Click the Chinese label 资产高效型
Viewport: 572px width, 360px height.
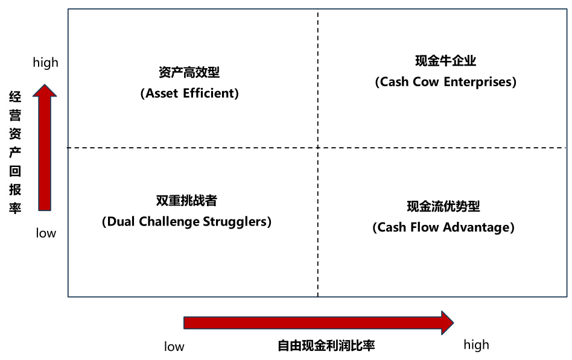(x=189, y=73)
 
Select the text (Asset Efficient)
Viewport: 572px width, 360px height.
(x=189, y=94)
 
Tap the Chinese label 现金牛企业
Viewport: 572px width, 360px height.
(x=445, y=61)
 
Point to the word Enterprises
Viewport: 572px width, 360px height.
(x=480, y=82)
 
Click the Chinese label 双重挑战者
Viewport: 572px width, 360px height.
(x=186, y=201)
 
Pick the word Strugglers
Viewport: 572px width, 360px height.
(x=240, y=222)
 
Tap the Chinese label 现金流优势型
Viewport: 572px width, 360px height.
(x=443, y=206)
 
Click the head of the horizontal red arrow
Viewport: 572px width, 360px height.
(x=447, y=323)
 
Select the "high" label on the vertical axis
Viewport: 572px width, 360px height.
(x=46, y=62)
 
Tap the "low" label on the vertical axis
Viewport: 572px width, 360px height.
(x=46, y=233)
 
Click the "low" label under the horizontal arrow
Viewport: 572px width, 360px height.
(x=174, y=347)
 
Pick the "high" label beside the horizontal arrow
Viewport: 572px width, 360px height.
(x=476, y=345)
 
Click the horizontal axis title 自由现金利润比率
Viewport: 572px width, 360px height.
(x=326, y=346)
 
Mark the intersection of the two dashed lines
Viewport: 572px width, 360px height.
(x=318, y=148)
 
